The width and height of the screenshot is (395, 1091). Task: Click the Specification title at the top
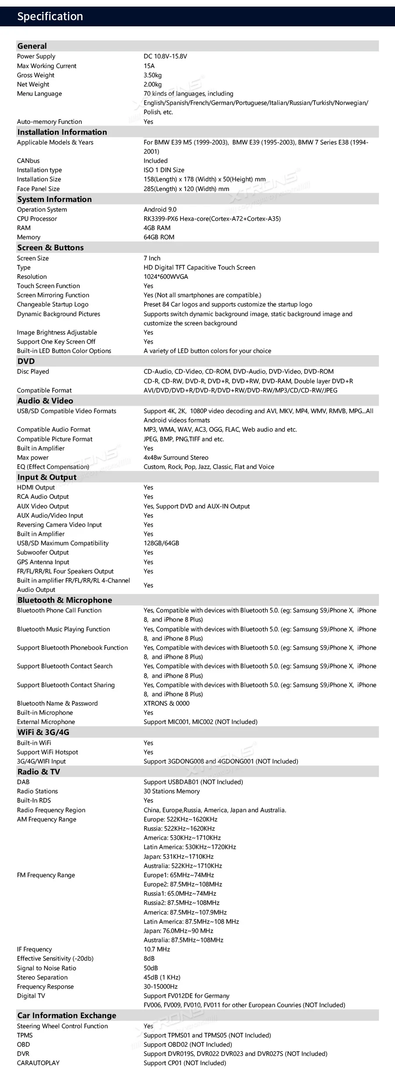[50, 17]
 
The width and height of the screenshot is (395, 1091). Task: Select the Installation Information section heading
[62, 132]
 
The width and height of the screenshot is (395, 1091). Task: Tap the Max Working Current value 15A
[149, 66]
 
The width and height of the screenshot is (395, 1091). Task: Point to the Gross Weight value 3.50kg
[153, 75]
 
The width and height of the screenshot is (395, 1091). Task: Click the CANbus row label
[28, 161]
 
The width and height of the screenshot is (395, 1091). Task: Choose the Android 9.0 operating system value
[160, 209]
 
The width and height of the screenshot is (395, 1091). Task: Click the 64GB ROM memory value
[159, 237]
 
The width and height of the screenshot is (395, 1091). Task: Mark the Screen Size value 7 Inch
[152, 258]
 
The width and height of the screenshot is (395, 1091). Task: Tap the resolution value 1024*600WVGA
[166, 277]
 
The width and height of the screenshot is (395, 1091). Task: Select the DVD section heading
[26, 361]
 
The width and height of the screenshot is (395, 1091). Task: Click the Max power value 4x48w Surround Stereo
[176, 457]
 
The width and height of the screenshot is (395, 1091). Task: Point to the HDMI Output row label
[36, 487]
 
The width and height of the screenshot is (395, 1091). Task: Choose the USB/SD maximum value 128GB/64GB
[162, 543]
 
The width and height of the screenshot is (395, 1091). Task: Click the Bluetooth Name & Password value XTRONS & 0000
[167, 703]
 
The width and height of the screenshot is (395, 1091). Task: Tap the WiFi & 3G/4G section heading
[43, 732]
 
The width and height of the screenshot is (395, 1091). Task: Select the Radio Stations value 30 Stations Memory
[172, 791]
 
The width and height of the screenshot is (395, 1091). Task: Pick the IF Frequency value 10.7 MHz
[157, 949]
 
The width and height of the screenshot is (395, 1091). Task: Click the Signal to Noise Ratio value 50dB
[151, 968]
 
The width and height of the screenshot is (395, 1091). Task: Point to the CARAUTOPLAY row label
[38, 1063]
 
